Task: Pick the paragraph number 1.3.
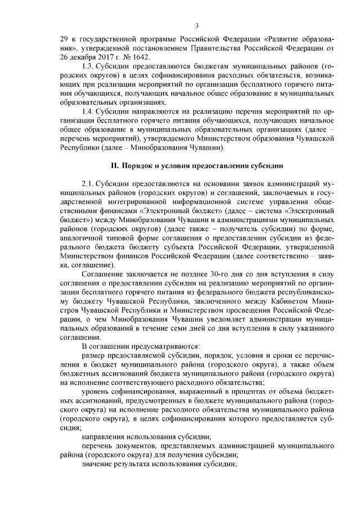coord(88,67)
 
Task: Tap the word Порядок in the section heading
coord(138,165)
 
